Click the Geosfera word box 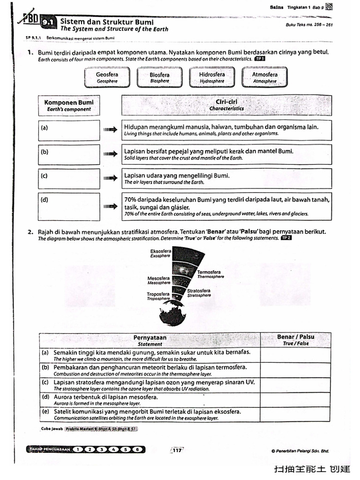tap(107, 77)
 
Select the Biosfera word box tap(159, 77)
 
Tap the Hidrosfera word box tap(212, 77)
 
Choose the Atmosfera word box tap(264, 77)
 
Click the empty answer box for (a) tap(69, 130)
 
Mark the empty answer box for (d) tap(69, 206)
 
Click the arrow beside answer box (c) tap(110, 178)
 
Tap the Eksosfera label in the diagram tap(160, 254)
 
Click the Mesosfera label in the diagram tap(159, 280)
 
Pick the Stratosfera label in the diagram tap(199, 293)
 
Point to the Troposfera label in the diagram tap(158, 296)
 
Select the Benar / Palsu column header tap(295, 340)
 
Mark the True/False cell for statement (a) tap(295, 355)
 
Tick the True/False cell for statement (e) tap(295, 414)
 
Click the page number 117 tap(177, 450)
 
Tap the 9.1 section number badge tap(48, 22)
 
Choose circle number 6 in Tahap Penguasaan tap(137, 450)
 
